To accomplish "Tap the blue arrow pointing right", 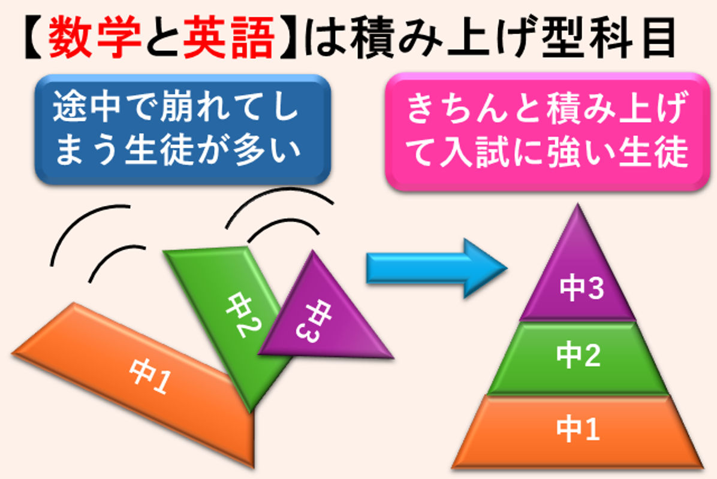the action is click(x=436, y=268).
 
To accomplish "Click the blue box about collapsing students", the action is click(x=182, y=129).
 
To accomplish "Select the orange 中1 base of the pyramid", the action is click(x=577, y=432).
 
